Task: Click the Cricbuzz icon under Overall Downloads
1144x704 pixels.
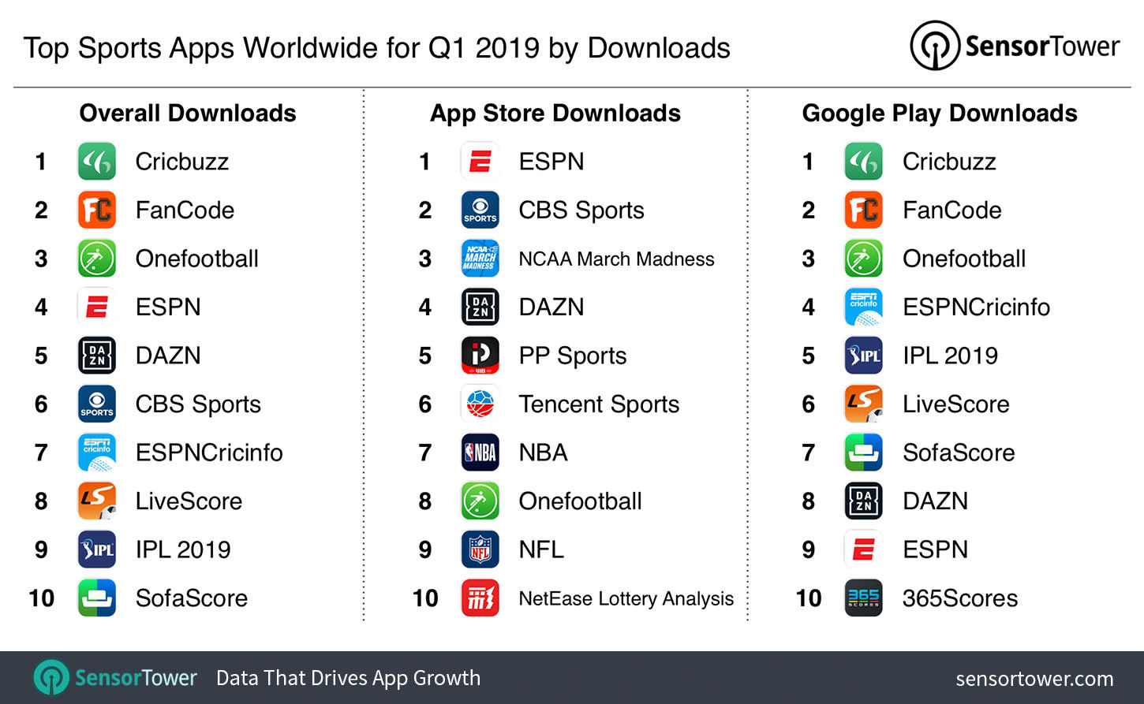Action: [97, 162]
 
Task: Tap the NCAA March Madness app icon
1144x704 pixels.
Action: [480, 259]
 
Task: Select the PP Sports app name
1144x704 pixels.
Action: [572, 356]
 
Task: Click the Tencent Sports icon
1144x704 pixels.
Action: [480, 404]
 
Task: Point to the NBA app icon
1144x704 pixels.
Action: [480, 453]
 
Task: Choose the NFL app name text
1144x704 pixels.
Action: [541, 549]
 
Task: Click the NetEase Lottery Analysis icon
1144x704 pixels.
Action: [480, 598]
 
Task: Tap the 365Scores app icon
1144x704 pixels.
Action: [863, 598]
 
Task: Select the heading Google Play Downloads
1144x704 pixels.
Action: [939, 114]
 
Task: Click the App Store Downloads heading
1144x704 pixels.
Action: [555, 114]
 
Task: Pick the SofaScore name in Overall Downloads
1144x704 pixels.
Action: [191, 598]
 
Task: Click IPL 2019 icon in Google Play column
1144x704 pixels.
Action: [863, 356]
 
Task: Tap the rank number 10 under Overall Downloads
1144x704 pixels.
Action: [41, 598]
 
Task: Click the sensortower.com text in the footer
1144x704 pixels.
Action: [1034, 679]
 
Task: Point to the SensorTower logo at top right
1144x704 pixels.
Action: [1015, 47]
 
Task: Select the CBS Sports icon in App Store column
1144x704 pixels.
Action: [480, 210]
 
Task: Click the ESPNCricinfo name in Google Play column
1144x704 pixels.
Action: [976, 307]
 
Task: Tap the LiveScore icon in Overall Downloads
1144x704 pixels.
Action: [97, 501]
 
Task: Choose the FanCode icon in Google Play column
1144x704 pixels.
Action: [863, 210]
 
